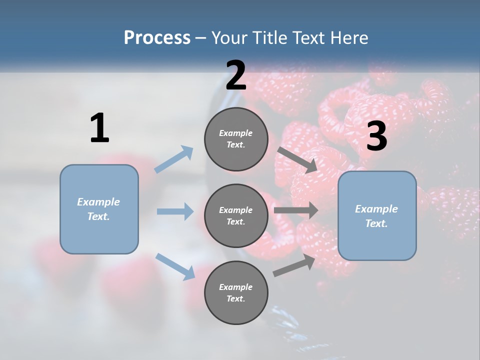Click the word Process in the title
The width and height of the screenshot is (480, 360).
pyautogui.click(x=157, y=38)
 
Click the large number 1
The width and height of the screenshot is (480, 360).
pyautogui.click(x=99, y=128)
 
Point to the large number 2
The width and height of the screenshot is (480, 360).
pyautogui.click(x=236, y=75)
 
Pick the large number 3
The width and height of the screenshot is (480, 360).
pyautogui.click(x=376, y=136)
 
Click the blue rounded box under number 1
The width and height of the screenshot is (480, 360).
pyautogui.click(x=99, y=209)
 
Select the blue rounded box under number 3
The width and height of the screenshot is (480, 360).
pyautogui.click(x=377, y=216)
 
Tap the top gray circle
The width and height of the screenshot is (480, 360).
pyautogui.click(x=236, y=139)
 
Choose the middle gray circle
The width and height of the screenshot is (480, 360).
pyautogui.click(x=236, y=216)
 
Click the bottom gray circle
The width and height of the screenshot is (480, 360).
pyautogui.click(x=236, y=293)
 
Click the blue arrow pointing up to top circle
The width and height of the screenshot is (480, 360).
pyautogui.click(x=174, y=159)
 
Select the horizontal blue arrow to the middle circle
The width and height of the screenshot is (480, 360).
pyautogui.click(x=175, y=211)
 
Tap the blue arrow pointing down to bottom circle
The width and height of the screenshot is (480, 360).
pyautogui.click(x=175, y=266)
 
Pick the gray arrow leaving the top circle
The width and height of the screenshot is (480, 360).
pyautogui.click(x=297, y=159)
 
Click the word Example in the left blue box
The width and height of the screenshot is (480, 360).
pyautogui.click(x=98, y=202)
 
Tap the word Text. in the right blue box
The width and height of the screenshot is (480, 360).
pyautogui.click(x=376, y=223)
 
